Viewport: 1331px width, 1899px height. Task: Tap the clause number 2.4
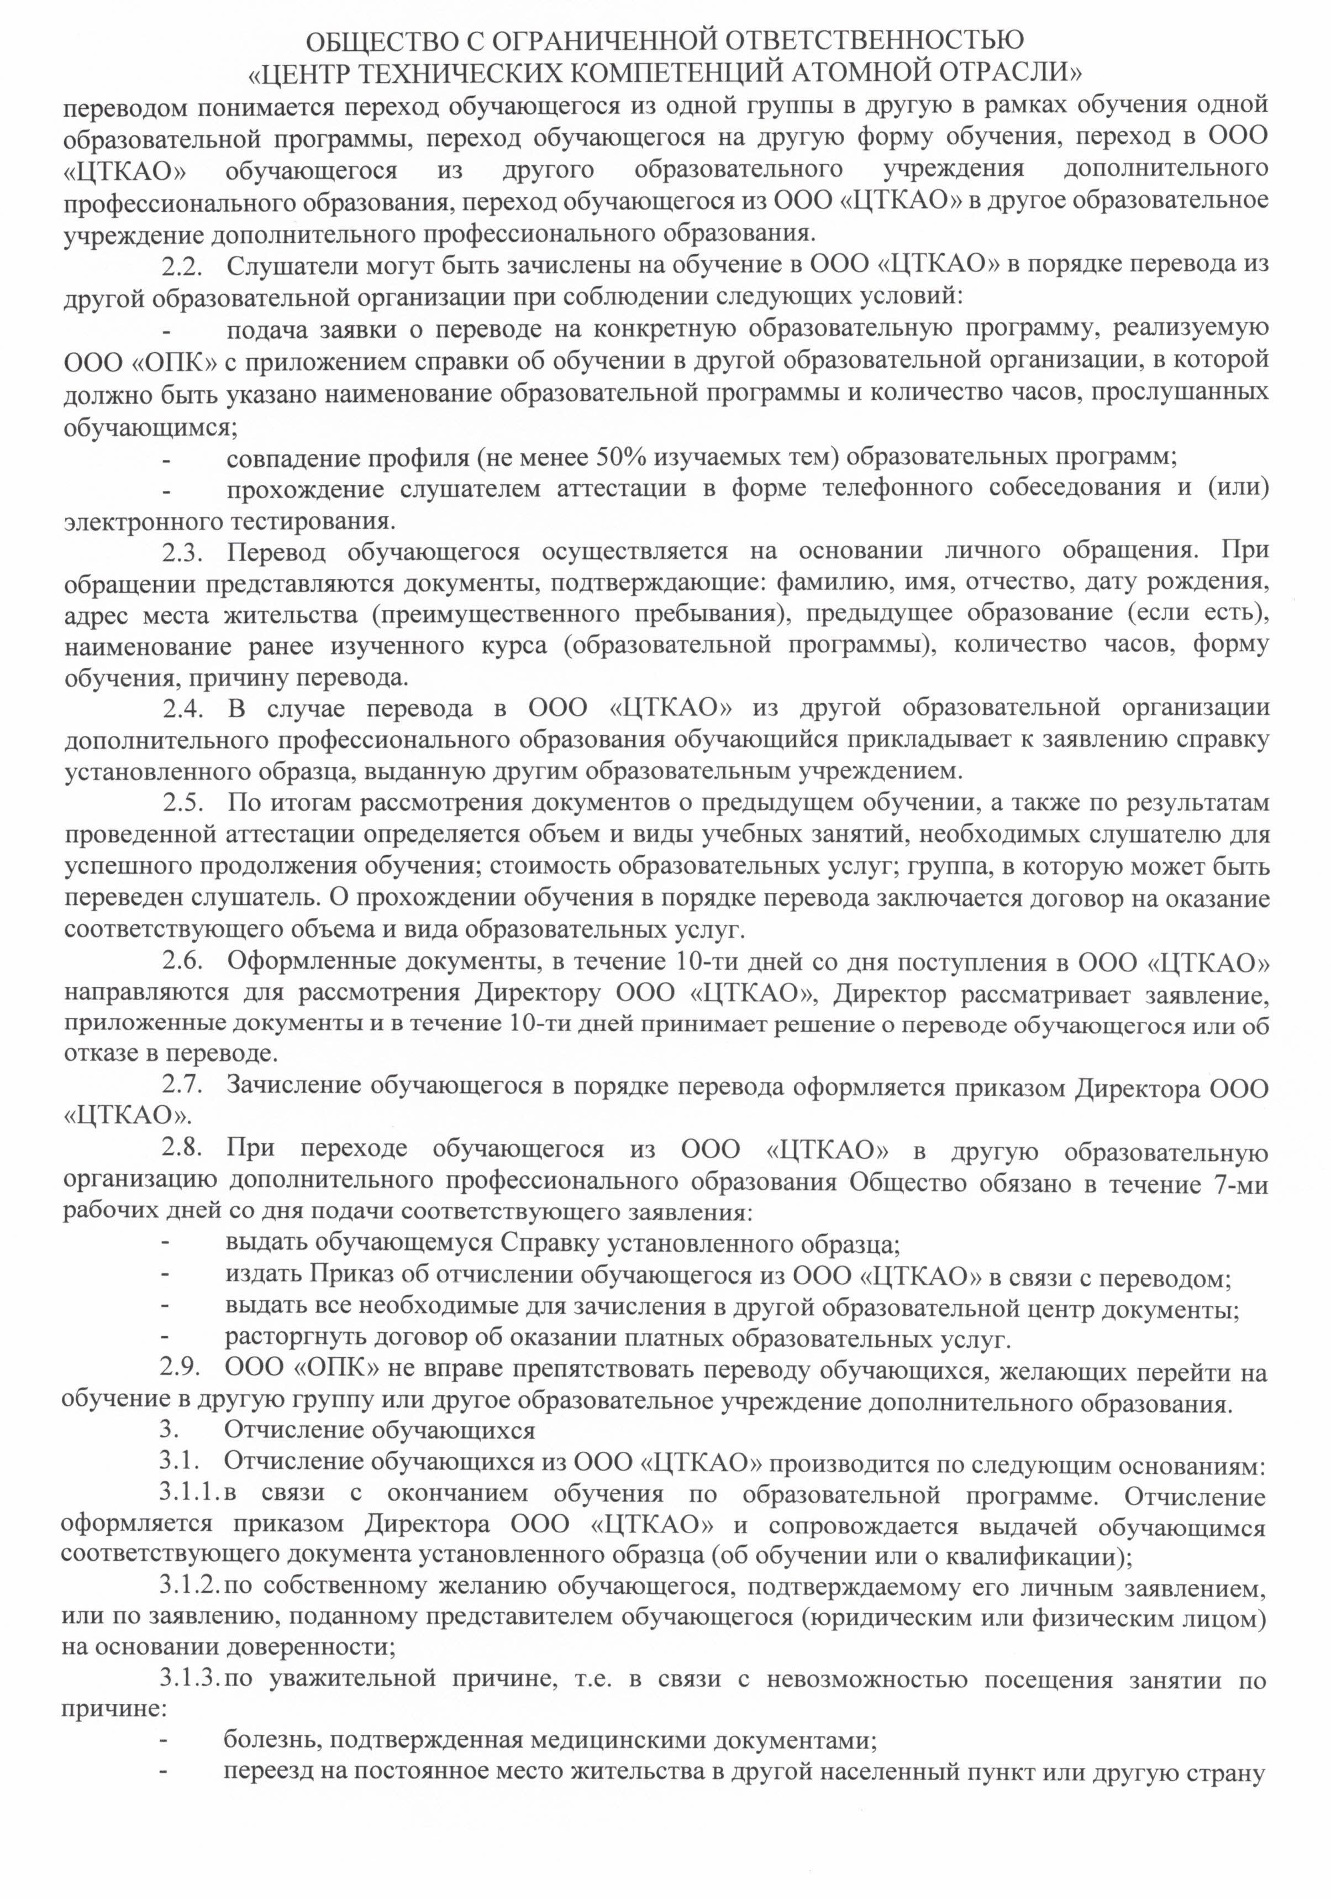point(180,708)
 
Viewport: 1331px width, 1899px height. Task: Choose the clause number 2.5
point(180,802)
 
